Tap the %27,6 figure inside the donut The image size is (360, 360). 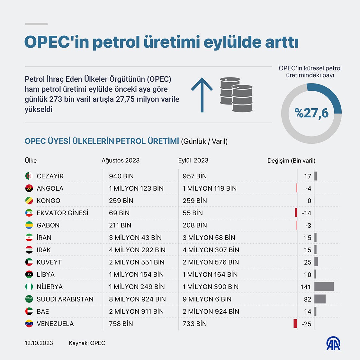pyautogui.click(x=311, y=113)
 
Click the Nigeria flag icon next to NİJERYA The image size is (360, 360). pyautogui.click(x=29, y=287)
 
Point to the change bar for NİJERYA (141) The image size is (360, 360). pyautogui.click(x=324, y=287)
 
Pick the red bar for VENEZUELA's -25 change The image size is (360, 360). pyautogui.click(x=295, y=324)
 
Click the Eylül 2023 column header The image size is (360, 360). pyautogui.click(x=193, y=160)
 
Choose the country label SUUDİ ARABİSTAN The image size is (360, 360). pyautogui.click(x=65, y=299)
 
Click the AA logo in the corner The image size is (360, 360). pyautogui.click(x=333, y=344)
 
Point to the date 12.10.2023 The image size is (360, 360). pyautogui.click(x=39, y=343)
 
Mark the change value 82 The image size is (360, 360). pyautogui.click(x=308, y=299)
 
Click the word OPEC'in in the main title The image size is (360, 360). pyautogui.click(x=57, y=42)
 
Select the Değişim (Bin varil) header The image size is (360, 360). pyautogui.click(x=291, y=160)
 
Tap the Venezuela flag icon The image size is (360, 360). pyautogui.click(x=29, y=324)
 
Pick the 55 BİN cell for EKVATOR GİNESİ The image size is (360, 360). pyautogui.click(x=193, y=213)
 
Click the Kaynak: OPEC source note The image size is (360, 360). pyautogui.click(x=87, y=343)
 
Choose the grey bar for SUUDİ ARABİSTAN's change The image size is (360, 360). pyautogui.click(x=320, y=299)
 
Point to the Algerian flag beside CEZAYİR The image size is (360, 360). pyautogui.click(x=29, y=176)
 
